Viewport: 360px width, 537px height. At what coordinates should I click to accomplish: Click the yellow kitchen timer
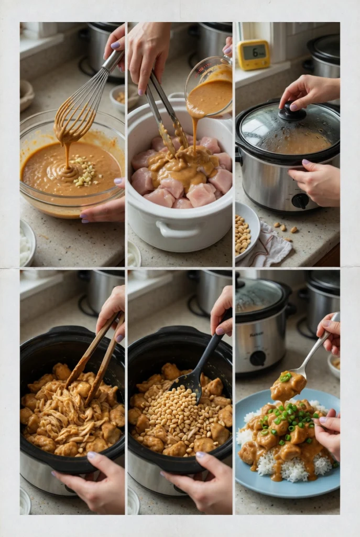point(253,54)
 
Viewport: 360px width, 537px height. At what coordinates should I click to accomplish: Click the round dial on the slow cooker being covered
point(300,200)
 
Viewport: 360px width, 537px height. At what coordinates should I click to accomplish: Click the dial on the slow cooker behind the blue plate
point(257,358)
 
